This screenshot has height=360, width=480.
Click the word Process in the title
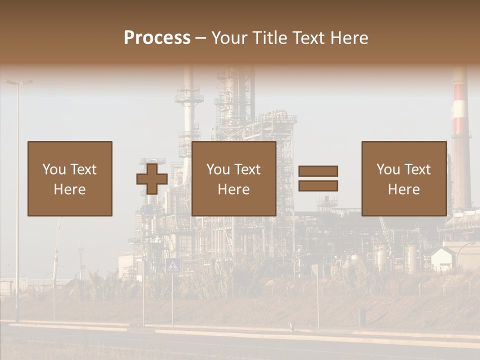pyautogui.click(x=157, y=38)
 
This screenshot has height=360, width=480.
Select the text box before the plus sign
pyautogui.click(x=70, y=178)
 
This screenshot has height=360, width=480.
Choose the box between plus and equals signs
pyautogui.click(x=234, y=178)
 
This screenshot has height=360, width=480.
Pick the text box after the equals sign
pyautogui.click(x=404, y=178)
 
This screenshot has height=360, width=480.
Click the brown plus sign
pyautogui.click(x=152, y=179)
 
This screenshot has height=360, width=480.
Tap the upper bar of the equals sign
pyautogui.click(x=318, y=171)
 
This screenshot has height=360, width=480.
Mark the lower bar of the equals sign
pyautogui.click(x=318, y=186)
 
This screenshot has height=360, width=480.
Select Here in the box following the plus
pyautogui.click(x=234, y=189)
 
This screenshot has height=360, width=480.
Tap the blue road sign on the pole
pyautogui.click(x=172, y=265)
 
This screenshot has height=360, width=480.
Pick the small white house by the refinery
pyautogui.click(x=443, y=258)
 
